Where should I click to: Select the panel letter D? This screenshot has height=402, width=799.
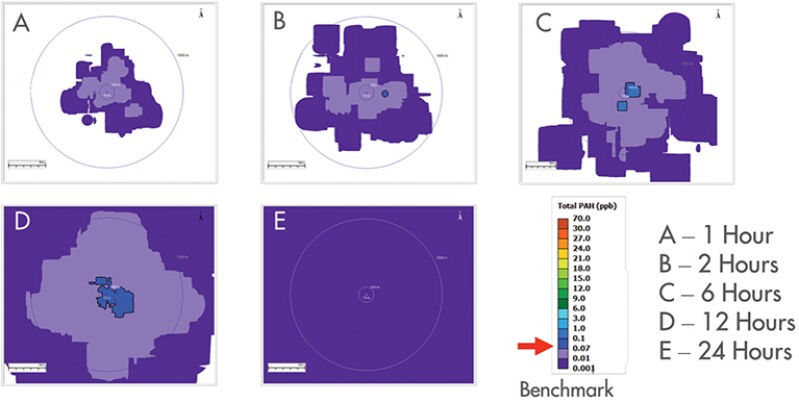[x=19, y=221]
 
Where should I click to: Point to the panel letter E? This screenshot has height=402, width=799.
[x=279, y=222]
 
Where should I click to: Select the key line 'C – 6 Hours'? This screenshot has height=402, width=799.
[x=718, y=294]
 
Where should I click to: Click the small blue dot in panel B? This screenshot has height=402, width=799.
[x=386, y=94]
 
